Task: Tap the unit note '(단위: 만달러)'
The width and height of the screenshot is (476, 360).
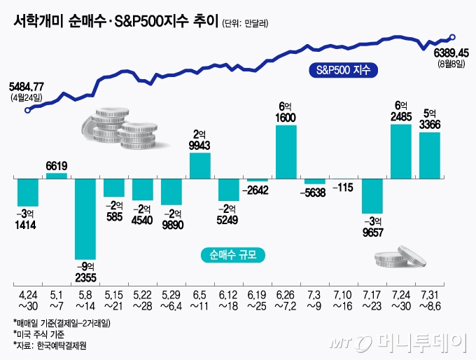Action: [x=246, y=23]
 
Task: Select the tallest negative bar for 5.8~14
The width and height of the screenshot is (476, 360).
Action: [x=85, y=219]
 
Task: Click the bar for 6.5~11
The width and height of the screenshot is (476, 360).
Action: [x=200, y=165]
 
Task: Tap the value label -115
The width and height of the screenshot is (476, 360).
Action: [x=344, y=188]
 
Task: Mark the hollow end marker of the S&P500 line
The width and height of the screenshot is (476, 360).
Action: [x=453, y=37]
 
